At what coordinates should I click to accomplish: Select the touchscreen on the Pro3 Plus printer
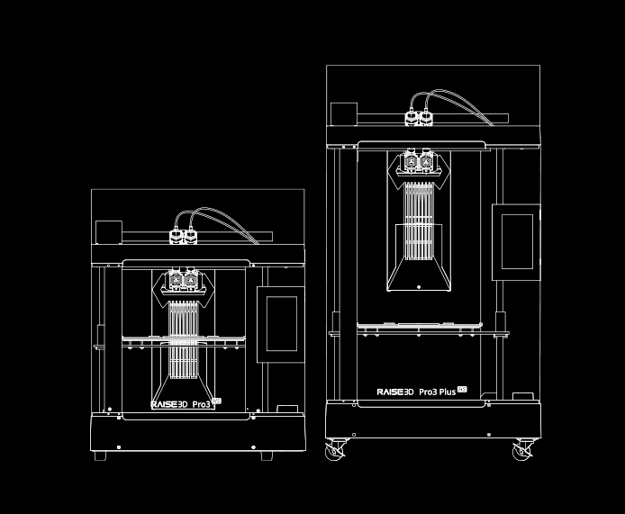[x=516, y=240]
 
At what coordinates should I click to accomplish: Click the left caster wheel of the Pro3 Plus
[x=334, y=449]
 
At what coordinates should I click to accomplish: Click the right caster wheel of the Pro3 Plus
[x=522, y=449]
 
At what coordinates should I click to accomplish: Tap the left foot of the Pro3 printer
[x=100, y=455]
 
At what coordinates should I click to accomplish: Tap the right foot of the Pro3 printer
[x=267, y=455]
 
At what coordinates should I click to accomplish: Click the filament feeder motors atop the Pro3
[x=184, y=237]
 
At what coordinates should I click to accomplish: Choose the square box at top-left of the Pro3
[x=109, y=231]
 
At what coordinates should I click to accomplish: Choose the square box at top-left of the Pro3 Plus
[x=344, y=114]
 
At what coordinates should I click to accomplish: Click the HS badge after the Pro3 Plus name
[x=463, y=389]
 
